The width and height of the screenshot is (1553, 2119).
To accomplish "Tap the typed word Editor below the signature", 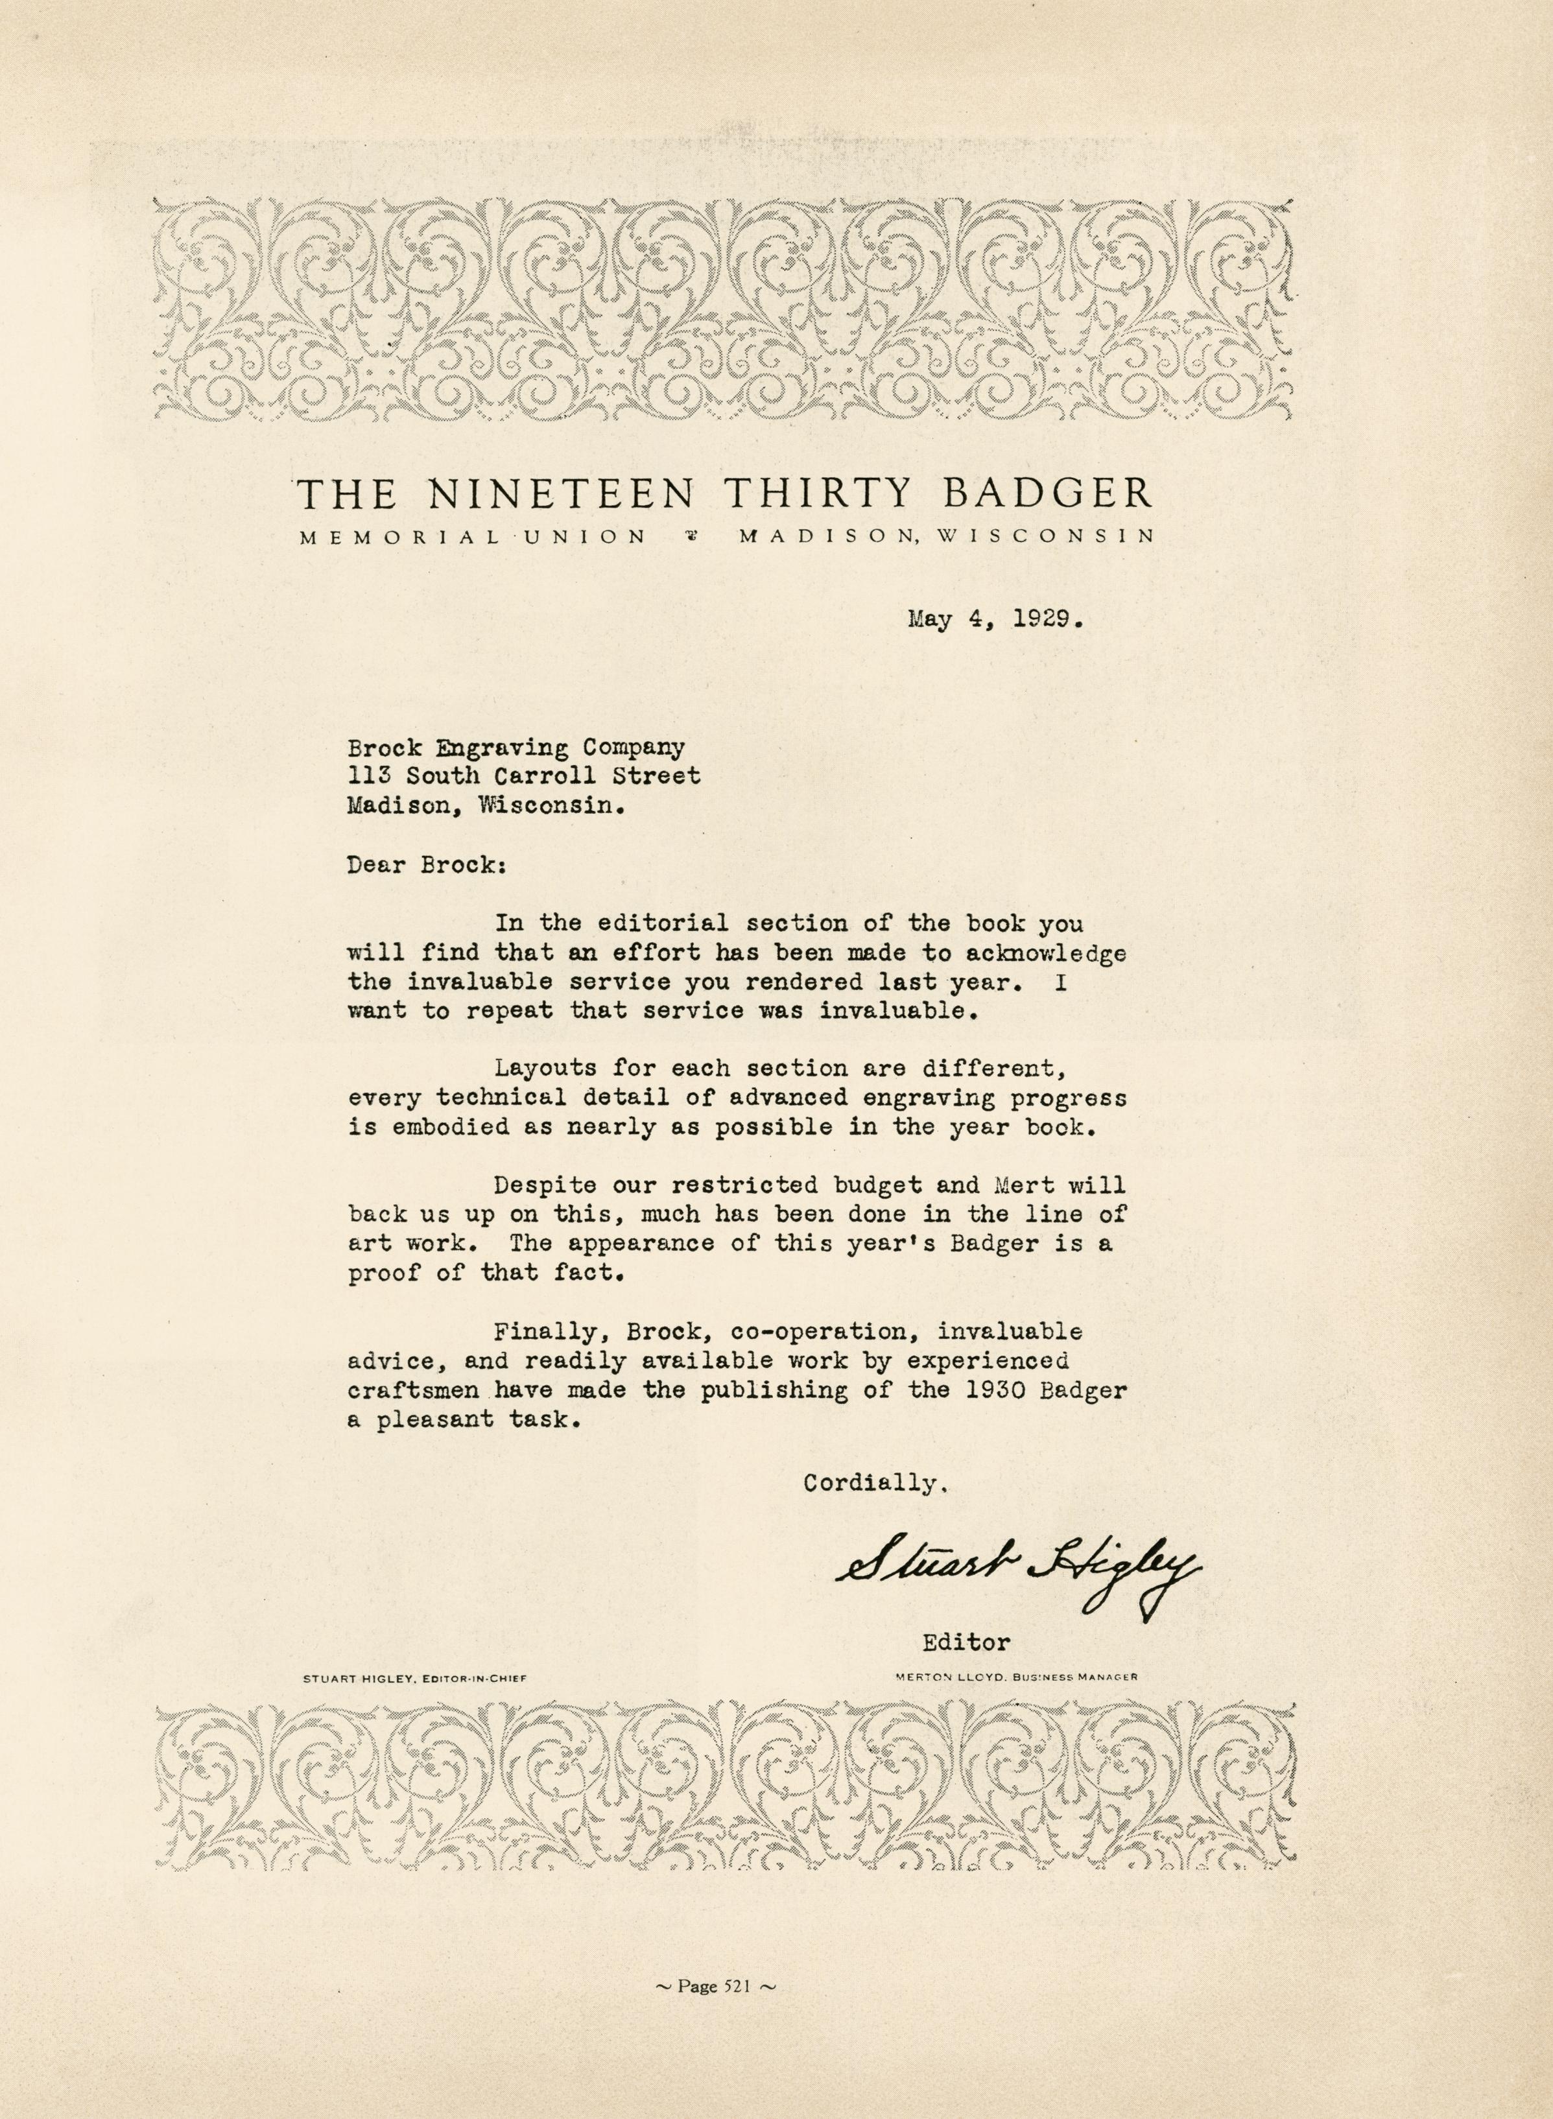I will (966, 1643).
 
